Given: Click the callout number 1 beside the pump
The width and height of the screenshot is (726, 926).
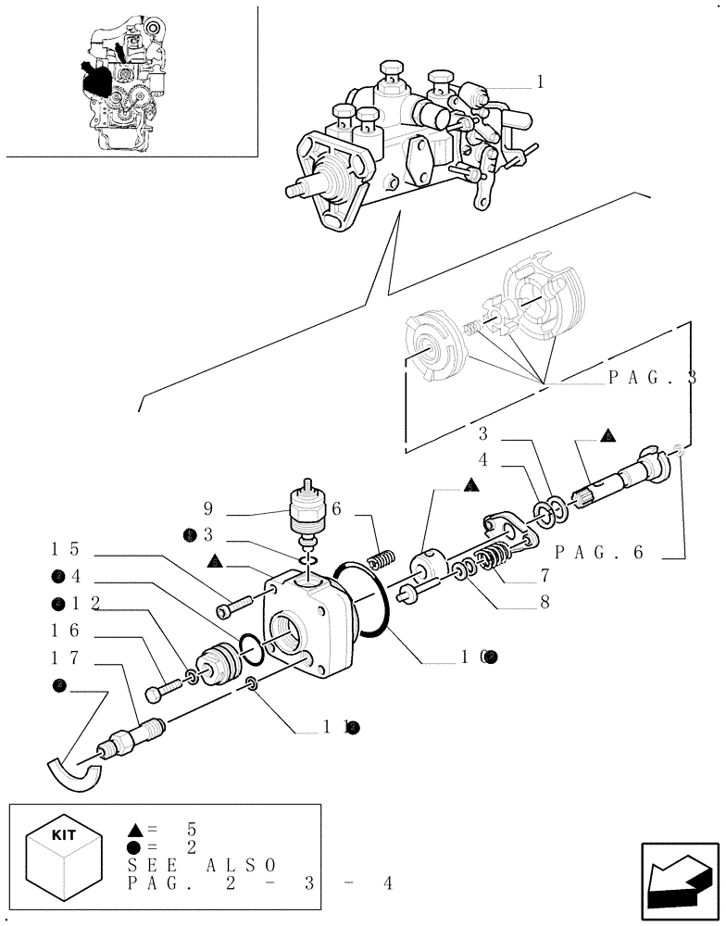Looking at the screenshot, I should click(539, 82).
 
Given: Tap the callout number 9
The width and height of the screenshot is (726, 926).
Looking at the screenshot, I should click(210, 508).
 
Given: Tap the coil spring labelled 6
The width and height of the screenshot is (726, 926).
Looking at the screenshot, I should click(381, 560).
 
